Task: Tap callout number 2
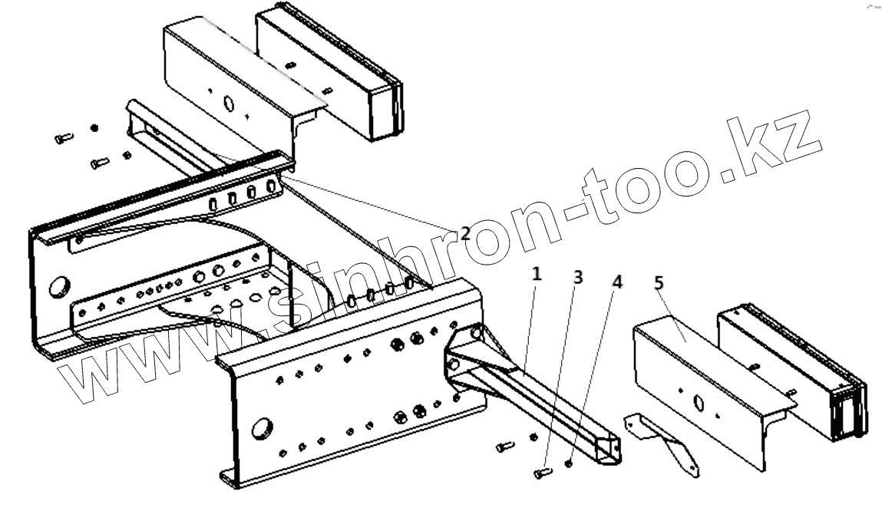(x=465, y=233)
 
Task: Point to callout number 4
(x=616, y=282)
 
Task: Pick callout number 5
(x=659, y=284)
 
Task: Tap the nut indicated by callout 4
(x=568, y=463)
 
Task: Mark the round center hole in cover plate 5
(x=698, y=401)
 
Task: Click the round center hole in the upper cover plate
(x=227, y=103)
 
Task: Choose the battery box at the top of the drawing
(x=330, y=73)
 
